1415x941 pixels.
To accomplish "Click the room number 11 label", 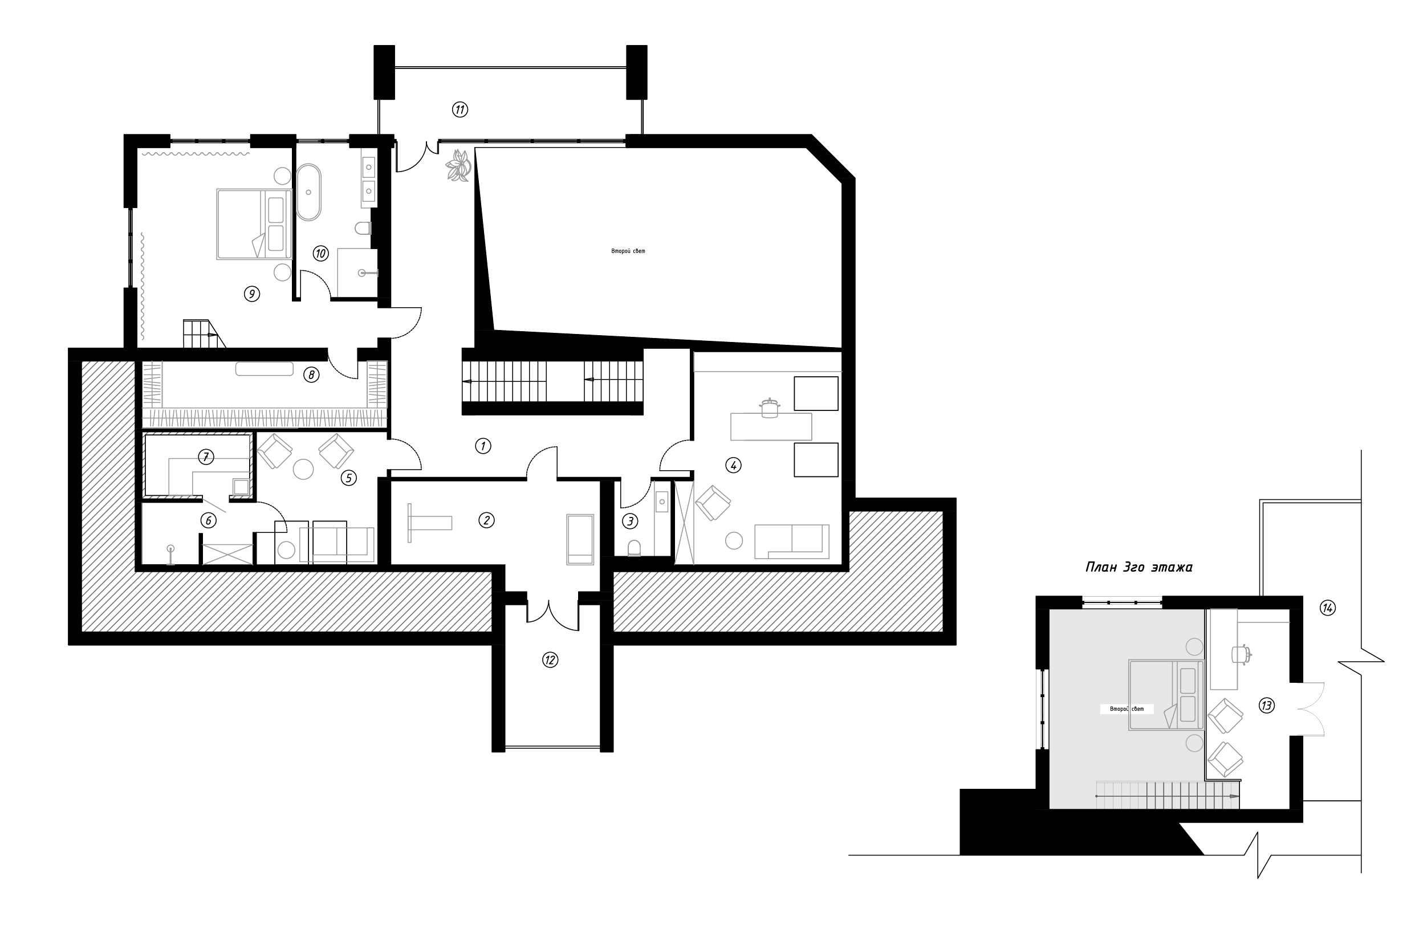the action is coord(460,109).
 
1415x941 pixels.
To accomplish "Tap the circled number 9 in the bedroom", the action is coord(251,294).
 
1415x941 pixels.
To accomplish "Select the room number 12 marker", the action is coord(550,660).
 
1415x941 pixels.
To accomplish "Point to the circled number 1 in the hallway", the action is coord(483,446).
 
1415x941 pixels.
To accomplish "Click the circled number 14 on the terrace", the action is coord(1327,608).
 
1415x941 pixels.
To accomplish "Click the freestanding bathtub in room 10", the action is coord(308,192).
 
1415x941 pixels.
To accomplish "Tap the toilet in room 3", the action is coord(633,548).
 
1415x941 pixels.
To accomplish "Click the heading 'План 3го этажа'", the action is coord(1139,567).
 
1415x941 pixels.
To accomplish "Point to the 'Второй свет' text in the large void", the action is coord(628,251).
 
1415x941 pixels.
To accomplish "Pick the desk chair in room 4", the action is coord(769,408).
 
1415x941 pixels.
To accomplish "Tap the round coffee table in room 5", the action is coord(303,469).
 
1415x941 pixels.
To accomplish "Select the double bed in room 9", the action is coord(254,224).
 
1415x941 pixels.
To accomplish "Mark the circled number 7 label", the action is coord(205,457).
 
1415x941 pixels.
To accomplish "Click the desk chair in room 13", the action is coord(1242,654).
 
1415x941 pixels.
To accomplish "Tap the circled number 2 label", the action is coord(486,520).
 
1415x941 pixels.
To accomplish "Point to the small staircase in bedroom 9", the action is coord(204,333).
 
